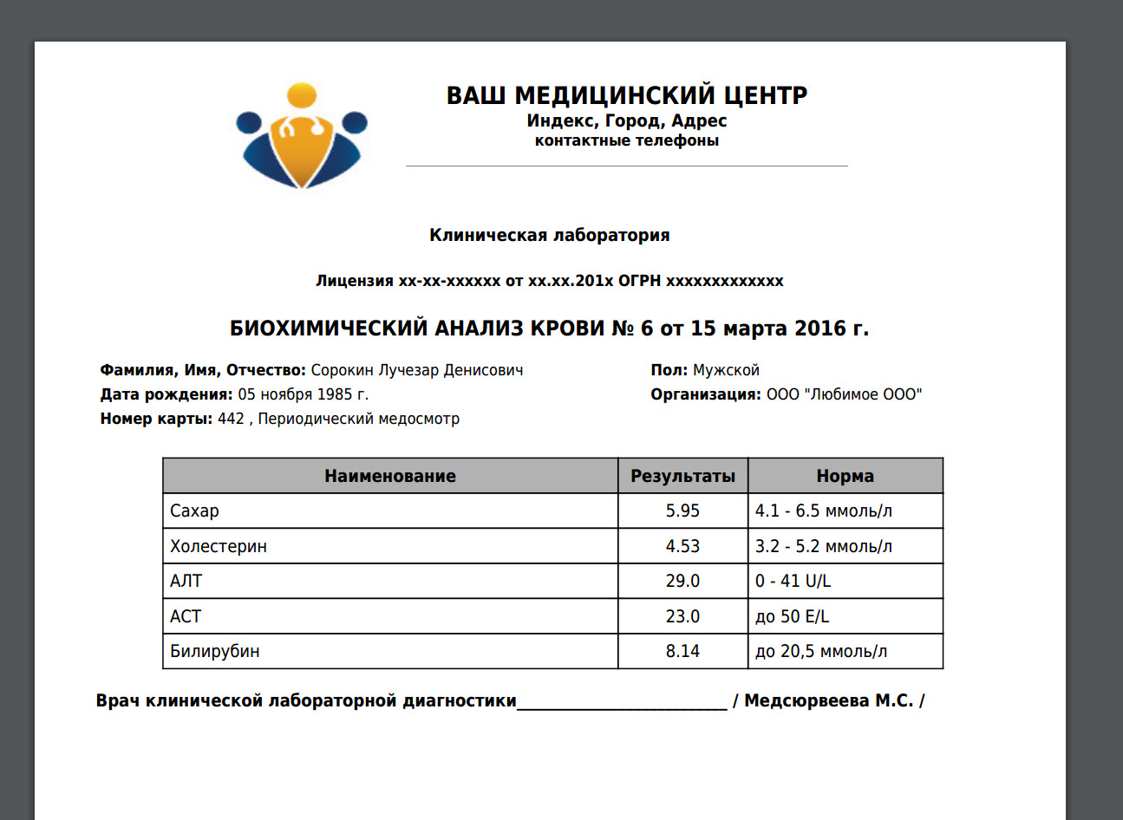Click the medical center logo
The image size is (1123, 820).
302,136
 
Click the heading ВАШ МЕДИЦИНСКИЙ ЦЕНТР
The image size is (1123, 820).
626,95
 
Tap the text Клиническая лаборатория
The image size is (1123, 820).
549,236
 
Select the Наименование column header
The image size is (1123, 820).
390,476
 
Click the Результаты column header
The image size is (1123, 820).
682,476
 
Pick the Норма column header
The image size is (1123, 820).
845,476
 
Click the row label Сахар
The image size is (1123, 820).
195,511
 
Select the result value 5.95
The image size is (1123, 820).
682,511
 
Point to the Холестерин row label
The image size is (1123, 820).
219,547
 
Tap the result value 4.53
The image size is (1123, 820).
682,547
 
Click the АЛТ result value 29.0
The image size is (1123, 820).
682,582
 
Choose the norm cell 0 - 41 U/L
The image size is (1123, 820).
793,582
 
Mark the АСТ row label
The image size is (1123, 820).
186,617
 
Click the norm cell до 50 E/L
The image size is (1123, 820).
792,617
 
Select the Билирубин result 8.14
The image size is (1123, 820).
682,652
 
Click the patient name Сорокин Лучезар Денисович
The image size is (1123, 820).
417,371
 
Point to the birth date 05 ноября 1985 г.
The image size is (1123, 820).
304,395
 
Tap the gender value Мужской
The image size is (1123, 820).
726,371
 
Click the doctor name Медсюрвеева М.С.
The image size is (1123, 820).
828,701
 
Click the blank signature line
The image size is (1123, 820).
622,704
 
